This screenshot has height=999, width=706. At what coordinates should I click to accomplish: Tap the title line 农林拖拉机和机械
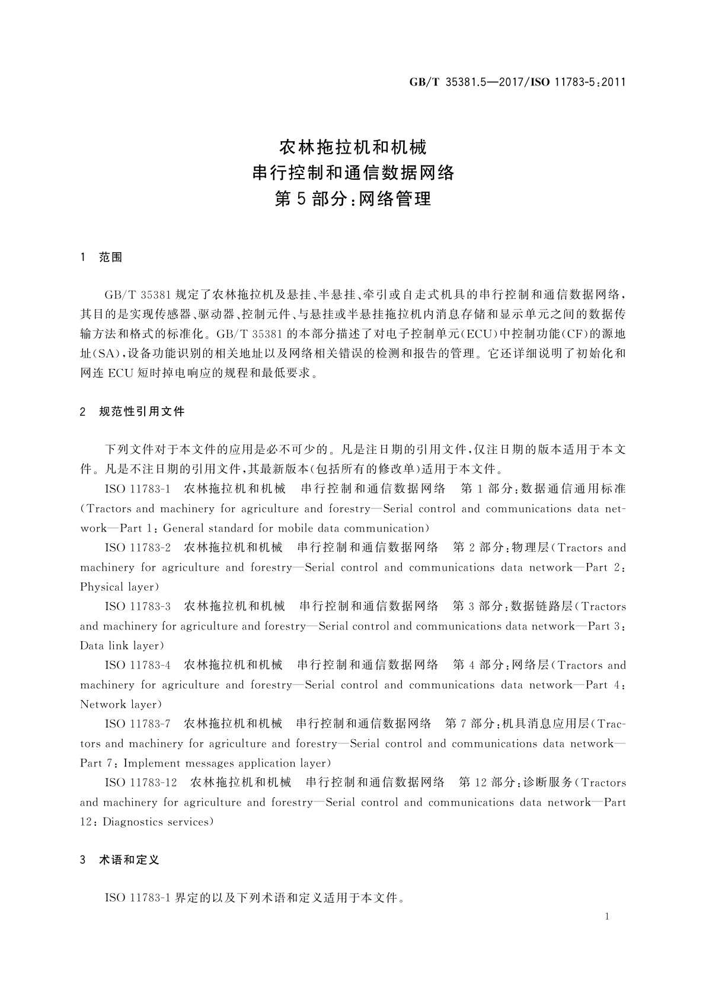coord(353,146)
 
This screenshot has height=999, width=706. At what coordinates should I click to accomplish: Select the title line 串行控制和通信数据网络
coord(353,173)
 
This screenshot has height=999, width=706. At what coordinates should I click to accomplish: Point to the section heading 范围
coord(111,257)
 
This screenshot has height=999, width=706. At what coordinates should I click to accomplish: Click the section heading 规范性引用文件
coord(142,411)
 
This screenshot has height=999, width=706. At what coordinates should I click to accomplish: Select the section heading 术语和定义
coord(129,860)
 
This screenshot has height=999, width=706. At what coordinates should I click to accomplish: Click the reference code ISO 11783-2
coord(138,548)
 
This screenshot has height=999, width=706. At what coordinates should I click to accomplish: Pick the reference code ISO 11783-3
coord(138,606)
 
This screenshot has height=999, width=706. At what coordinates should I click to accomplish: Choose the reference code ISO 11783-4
coord(138,665)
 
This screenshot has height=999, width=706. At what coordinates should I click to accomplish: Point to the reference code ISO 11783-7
coord(138,724)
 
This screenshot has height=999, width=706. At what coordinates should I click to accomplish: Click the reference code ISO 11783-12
coord(141,782)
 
